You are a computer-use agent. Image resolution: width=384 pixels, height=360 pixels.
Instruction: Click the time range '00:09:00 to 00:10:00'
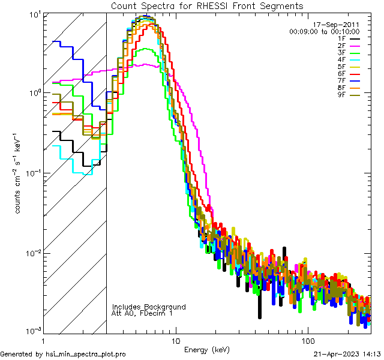(324, 31)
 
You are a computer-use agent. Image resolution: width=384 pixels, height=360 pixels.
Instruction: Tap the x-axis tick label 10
(175, 340)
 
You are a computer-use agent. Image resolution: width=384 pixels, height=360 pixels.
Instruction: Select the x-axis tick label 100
(307, 340)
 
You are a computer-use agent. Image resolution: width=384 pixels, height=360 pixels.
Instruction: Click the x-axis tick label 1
(43, 340)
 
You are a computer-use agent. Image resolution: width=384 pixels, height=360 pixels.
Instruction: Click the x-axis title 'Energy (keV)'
(206, 349)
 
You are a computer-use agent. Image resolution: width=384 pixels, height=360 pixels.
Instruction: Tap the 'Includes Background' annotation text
(149, 307)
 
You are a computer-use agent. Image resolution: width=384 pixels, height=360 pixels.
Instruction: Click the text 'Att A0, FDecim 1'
(142, 313)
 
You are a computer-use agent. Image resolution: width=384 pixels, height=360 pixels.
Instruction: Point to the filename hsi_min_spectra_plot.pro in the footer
(86, 354)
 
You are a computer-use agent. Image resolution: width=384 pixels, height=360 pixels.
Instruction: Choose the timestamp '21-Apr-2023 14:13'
(347, 354)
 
